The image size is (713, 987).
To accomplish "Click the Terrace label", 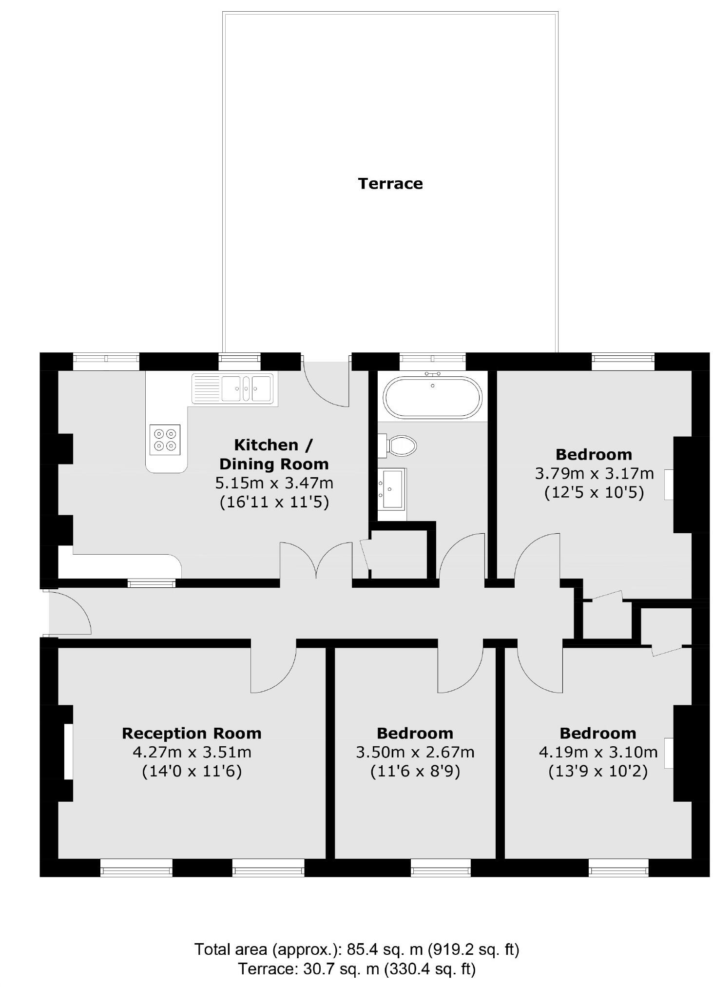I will pyautogui.click(x=390, y=184).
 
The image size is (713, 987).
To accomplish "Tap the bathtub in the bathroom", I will pyautogui.click(x=432, y=397).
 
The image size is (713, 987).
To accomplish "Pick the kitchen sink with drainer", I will pyautogui.click(x=234, y=388).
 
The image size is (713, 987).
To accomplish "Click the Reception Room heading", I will pyautogui.click(x=192, y=733).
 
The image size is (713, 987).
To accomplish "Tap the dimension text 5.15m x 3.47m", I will pyautogui.click(x=274, y=483).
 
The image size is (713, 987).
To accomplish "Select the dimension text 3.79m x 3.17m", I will pyautogui.click(x=594, y=473).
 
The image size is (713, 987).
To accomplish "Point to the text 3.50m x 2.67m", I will pyautogui.click(x=415, y=752).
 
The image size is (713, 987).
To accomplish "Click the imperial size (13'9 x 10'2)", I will pyautogui.click(x=598, y=772).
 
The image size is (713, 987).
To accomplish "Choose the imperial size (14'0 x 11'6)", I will pyautogui.click(x=192, y=772).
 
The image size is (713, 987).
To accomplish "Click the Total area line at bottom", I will pyautogui.click(x=356, y=949).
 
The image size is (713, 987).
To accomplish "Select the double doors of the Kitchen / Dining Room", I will pyautogui.click(x=316, y=561).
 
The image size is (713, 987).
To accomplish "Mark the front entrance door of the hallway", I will pyautogui.click(x=68, y=613).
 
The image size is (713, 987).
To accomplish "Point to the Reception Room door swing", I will pyautogui.click(x=273, y=669).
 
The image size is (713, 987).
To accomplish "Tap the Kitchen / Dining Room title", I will pyautogui.click(x=274, y=454).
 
